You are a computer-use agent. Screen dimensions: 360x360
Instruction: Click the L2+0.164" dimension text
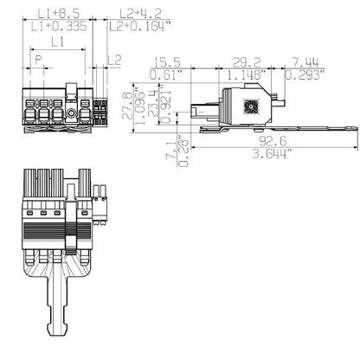coord(138,27)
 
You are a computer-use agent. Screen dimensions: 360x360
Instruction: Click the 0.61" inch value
coord(167,74)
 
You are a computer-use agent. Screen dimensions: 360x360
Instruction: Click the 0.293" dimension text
coord(308,74)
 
